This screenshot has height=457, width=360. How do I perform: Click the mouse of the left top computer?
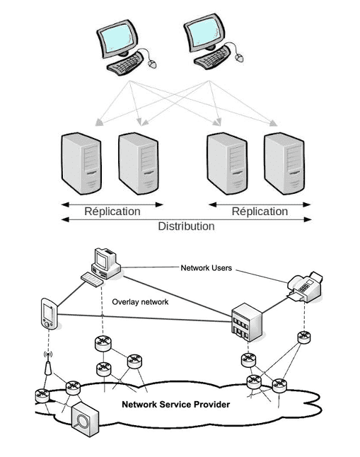[152, 64]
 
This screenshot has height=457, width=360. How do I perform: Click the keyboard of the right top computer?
[212, 58]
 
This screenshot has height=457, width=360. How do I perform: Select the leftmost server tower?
[81, 163]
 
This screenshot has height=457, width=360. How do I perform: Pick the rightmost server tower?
[284, 163]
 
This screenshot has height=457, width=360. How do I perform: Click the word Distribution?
[186, 226]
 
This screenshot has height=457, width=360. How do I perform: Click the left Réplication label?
[112, 212]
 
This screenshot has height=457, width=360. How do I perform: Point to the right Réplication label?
[260, 212]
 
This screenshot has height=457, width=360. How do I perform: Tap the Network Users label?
[206, 268]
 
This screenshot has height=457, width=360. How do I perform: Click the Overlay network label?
[140, 302]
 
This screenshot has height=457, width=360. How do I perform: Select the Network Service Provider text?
[176, 405]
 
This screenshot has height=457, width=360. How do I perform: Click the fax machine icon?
[305, 287]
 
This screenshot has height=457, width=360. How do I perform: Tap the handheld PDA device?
[49, 313]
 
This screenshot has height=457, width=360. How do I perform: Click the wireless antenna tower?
[48, 364]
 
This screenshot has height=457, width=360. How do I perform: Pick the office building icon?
[247, 322]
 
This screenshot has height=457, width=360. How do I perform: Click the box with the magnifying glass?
[85, 419]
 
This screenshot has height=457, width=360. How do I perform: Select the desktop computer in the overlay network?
[101, 267]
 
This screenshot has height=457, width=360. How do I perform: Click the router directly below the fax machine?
[303, 337]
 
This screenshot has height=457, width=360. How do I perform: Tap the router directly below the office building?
[248, 360]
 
